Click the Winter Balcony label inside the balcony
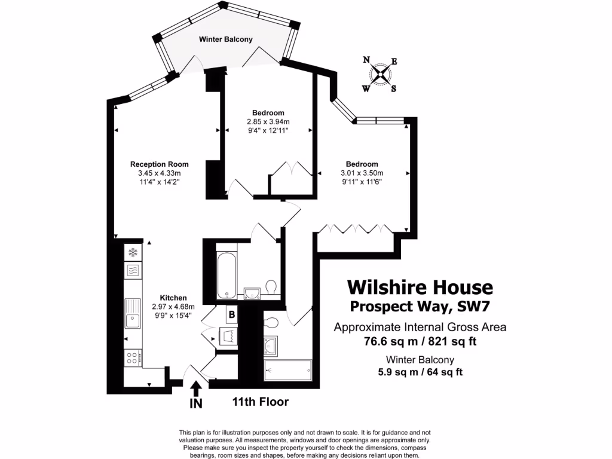point(225,39)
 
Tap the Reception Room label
point(160,164)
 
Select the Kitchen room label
point(173,298)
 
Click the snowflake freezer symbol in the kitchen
point(133,252)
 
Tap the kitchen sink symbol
point(133,314)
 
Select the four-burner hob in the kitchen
point(133,357)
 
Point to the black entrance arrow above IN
point(195,388)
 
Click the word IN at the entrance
point(195,404)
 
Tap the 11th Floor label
point(260,402)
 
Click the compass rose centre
point(380,74)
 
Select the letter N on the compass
point(366,59)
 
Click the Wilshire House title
point(420,287)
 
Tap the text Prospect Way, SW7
point(420,307)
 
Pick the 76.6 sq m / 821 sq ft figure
point(420,342)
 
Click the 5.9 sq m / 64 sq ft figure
point(420,372)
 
